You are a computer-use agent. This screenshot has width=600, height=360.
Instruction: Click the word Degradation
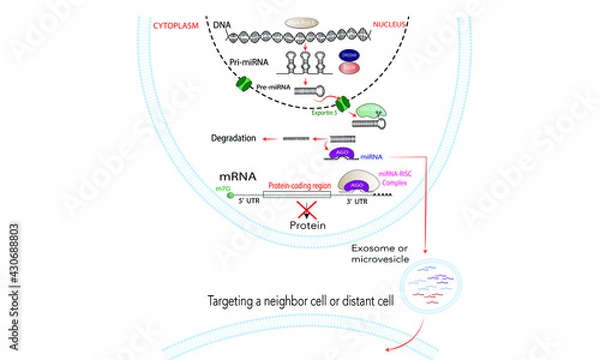point(238,137)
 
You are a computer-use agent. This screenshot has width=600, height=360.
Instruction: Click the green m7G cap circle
point(231,195)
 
